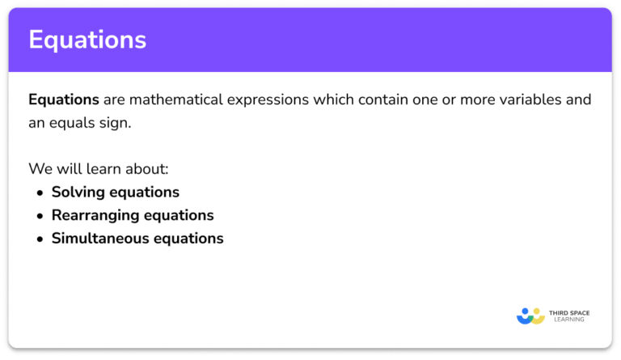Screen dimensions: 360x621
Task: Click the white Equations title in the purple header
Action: pyautogui.click(x=87, y=40)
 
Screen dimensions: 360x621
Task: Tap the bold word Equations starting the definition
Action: pyautogui.click(x=64, y=100)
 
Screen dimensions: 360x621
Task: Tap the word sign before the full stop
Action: pyautogui.click(x=115, y=125)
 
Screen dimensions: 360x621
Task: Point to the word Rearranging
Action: pyautogui.click(x=96, y=216)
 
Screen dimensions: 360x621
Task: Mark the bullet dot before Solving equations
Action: pyautogui.click(x=40, y=193)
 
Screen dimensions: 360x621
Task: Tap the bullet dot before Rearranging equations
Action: pyautogui.click(x=40, y=216)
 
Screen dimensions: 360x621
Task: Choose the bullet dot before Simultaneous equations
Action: pyautogui.click(x=40, y=239)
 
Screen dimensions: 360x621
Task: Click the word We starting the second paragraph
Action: pyautogui.click(x=39, y=170)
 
